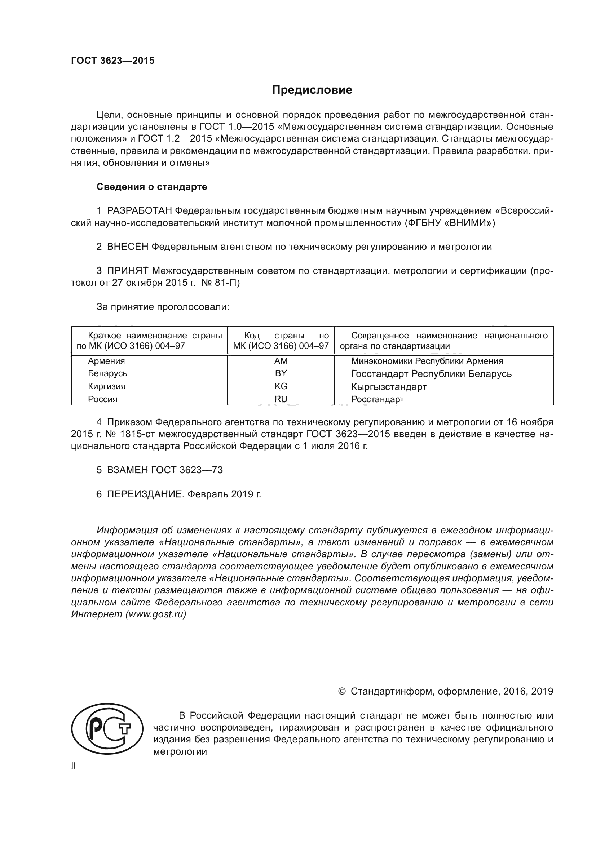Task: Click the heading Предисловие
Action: (x=312, y=90)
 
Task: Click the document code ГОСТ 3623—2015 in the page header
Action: (x=113, y=61)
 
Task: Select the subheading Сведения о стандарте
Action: (x=152, y=187)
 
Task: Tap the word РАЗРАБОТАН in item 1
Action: (x=140, y=211)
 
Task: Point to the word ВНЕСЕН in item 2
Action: (x=127, y=247)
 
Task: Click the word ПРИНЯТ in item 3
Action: (x=127, y=271)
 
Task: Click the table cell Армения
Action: (x=106, y=361)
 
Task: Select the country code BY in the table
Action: (x=281, y=373)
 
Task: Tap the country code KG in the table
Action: (x=281, y=386)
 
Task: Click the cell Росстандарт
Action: (x=377, y=399)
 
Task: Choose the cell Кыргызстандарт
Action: (x=389, y=387)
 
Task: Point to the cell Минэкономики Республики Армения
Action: (x=427, y=361)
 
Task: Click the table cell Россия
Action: (x=102, y=399)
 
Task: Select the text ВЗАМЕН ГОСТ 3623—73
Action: (x=164, y=470)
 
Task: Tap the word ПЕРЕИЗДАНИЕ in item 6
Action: (x=145, y=494)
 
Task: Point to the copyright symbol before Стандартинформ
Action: (x=341, y=692)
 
